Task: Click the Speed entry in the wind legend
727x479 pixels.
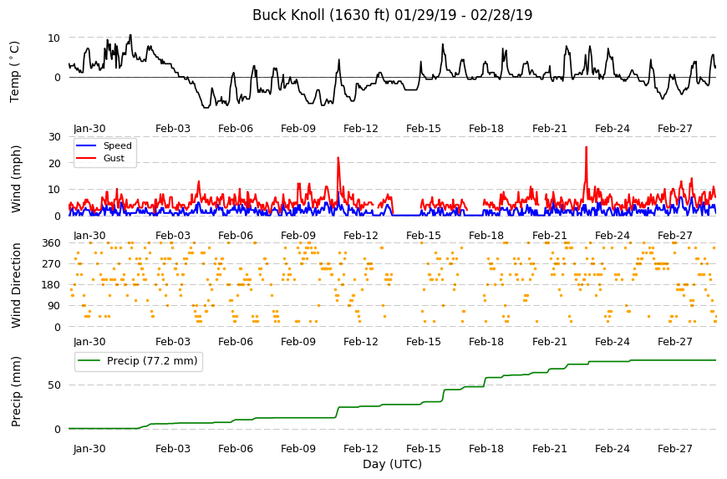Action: coord(117,145)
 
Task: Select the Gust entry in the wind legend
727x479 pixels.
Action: coord(114,158)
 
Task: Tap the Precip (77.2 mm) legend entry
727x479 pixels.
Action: coord(152,361)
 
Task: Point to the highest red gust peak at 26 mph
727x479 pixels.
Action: coord(586,147)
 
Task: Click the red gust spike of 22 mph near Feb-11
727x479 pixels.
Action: coord(338,158)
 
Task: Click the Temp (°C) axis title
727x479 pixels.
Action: coord(15,72)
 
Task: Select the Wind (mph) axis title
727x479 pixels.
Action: coord(16,179)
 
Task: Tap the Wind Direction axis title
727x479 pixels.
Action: coord(16,285)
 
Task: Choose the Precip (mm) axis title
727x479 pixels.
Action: coord(16,391)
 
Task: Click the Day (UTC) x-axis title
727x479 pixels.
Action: coord(392,464)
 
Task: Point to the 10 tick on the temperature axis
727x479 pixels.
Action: coord(53,38)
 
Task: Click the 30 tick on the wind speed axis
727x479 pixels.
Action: coord(54,137)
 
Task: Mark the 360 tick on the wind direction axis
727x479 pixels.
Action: coord(52,243)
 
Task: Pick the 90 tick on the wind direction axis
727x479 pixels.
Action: coord(54,306)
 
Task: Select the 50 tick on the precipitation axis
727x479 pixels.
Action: coord(54,385)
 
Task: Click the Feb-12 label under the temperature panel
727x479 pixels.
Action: coord(361,129)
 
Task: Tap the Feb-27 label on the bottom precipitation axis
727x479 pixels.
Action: coord(674,448)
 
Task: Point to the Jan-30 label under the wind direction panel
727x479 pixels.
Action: coord(89,342)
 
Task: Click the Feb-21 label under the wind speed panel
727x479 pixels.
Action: coord(549,235)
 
